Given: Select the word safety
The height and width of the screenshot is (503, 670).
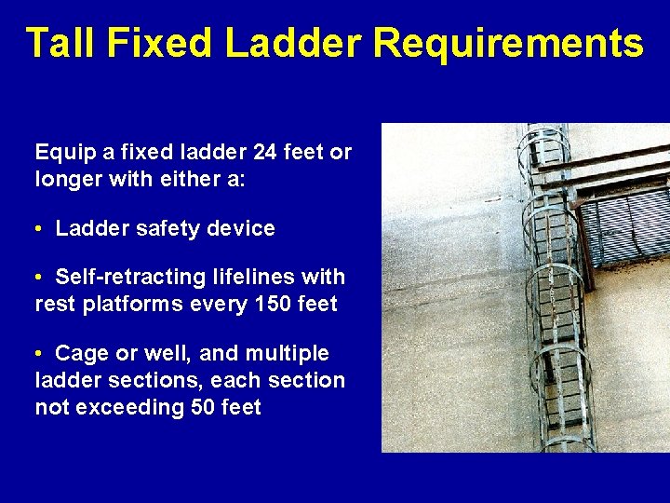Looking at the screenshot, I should [164, 228].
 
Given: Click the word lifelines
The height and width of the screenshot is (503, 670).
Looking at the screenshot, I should [250, 278].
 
